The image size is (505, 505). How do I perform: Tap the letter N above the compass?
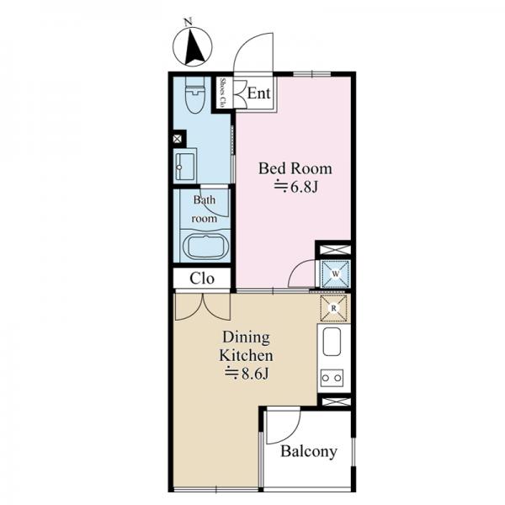(189, 22)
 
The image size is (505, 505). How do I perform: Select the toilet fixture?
(195, 95)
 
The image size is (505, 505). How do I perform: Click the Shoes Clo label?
(222, 93)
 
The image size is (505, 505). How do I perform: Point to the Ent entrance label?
(258, 93)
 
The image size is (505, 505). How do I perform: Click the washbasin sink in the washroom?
(184, 166)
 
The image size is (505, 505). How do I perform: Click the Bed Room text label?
(295, 168)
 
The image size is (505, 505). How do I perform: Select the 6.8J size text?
(296, 187)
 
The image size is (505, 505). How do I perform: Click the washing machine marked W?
(335, 274)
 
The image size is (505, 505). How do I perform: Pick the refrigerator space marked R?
(333, 308)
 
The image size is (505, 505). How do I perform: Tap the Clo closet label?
(202, 279)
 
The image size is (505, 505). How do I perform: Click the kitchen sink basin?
(332, 342)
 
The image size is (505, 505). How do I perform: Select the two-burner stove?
(332, 378)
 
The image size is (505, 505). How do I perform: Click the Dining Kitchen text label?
(247, 347)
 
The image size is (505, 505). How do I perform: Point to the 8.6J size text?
(247, 374)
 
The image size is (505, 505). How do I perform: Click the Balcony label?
(309, 451)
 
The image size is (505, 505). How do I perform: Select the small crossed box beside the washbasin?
(178, 139)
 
